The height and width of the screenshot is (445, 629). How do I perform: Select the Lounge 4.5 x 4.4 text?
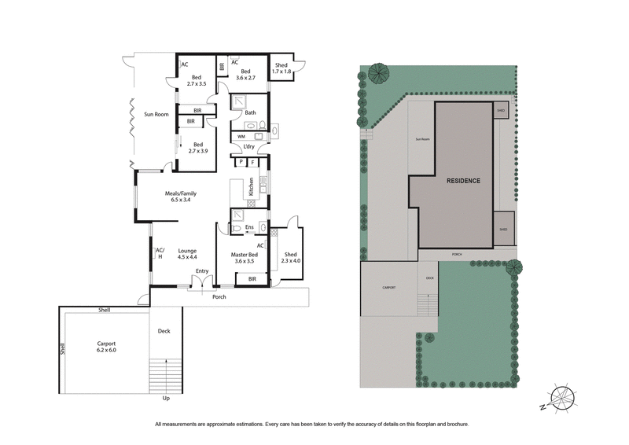pos(186,253)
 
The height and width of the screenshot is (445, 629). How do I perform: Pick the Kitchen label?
pos(251,187)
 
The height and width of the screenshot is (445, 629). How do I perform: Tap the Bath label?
pos(250,113)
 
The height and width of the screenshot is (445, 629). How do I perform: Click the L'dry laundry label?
pos(248,147)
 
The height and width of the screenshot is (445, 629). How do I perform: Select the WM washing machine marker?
pos(241,136)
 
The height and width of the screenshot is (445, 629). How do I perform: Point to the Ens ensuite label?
pos(248,228)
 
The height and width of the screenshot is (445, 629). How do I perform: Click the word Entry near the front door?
pos(202,271)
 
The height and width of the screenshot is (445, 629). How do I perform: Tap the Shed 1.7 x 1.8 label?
pos(281,69)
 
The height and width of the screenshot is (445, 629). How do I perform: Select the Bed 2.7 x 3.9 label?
pos(197,147)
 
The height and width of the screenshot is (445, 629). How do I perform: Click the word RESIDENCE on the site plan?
pos(463,180)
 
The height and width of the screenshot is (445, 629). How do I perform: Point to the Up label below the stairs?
pos(166,399)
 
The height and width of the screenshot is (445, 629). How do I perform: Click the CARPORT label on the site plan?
pos(388,288)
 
